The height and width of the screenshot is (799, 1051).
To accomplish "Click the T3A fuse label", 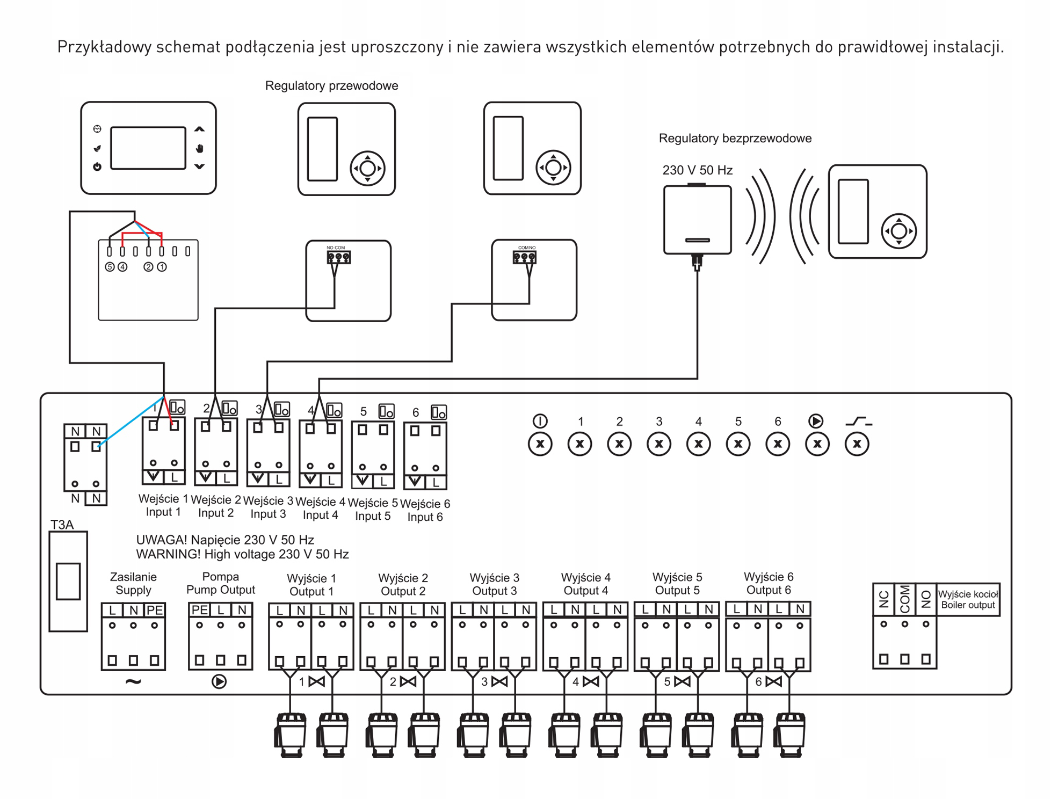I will (62, 525).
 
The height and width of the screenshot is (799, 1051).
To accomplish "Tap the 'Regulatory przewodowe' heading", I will (331, 86).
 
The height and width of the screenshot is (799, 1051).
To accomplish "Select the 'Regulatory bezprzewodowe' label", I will (735, 139).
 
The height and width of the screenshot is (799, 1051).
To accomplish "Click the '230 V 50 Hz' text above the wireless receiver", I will (697, 170).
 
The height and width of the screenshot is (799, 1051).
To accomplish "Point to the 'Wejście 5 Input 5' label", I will (373, 509).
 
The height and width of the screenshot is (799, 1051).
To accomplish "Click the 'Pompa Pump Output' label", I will (220, 583).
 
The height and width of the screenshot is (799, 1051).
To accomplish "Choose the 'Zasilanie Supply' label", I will (133, 584).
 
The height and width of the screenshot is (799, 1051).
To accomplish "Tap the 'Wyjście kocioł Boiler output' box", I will (968, 599).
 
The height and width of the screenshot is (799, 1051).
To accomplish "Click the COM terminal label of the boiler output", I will (905, 599).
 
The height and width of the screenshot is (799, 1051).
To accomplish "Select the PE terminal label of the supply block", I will (155, 610).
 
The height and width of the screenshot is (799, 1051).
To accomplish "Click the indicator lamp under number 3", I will (659, 444).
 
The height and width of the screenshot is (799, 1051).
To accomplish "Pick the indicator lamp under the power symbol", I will (540, 444).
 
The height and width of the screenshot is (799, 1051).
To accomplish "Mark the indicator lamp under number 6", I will (778, 444).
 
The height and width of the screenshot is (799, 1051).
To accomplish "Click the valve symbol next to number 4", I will (591, 682).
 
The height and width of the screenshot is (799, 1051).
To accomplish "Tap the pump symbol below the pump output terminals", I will (219, 681).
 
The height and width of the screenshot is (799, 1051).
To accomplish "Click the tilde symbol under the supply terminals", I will (133, 681).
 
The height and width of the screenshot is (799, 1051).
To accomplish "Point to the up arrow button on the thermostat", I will (199, 129).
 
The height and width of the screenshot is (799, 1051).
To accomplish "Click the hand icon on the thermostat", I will (199, 148).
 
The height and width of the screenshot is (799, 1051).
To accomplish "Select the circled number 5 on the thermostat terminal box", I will (110, 267).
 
